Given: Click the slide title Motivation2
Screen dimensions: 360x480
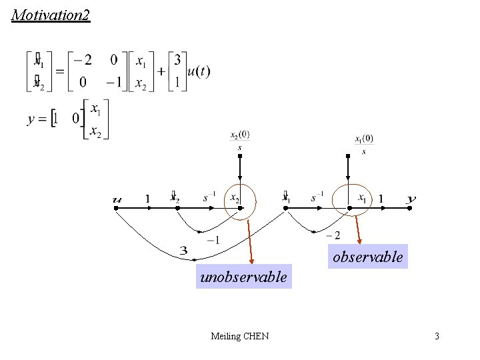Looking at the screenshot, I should (51, 15).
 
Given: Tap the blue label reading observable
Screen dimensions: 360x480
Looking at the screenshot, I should (368, 257).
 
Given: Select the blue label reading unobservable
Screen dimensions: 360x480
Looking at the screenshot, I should (244, 276).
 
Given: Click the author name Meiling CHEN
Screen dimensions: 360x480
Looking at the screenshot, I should (239, 336).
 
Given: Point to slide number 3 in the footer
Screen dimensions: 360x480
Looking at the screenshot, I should (437, 336).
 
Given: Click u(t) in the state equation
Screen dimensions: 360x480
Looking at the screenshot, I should (198, 71).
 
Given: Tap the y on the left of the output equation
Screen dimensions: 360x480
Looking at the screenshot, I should (31, 119).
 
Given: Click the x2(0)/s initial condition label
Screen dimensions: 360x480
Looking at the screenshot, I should (240, 140).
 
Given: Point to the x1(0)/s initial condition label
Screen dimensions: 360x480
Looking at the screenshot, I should (364, 143).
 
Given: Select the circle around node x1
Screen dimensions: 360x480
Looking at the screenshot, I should (351, 199).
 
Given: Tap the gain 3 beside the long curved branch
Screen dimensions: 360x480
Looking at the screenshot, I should (184, 251).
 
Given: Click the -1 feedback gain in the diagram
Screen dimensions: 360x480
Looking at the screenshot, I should (213, 240).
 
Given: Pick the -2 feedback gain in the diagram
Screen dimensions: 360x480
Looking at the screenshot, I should (333, 235).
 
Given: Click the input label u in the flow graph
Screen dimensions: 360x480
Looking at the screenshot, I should (118, 199).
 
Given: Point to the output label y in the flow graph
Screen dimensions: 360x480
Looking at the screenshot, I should (411, 199).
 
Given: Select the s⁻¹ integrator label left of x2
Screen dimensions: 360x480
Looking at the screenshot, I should (209, 197).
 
